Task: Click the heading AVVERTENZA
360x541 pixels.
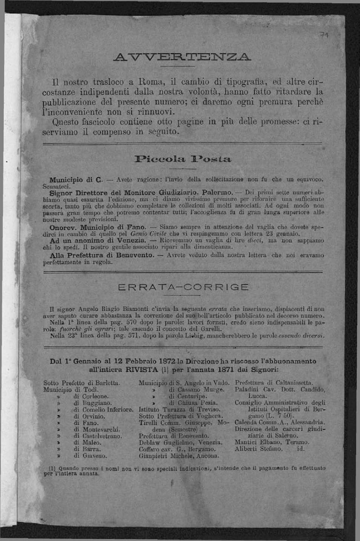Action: [x=180, y=56]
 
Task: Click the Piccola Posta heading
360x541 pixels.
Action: [x=180, y=158]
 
